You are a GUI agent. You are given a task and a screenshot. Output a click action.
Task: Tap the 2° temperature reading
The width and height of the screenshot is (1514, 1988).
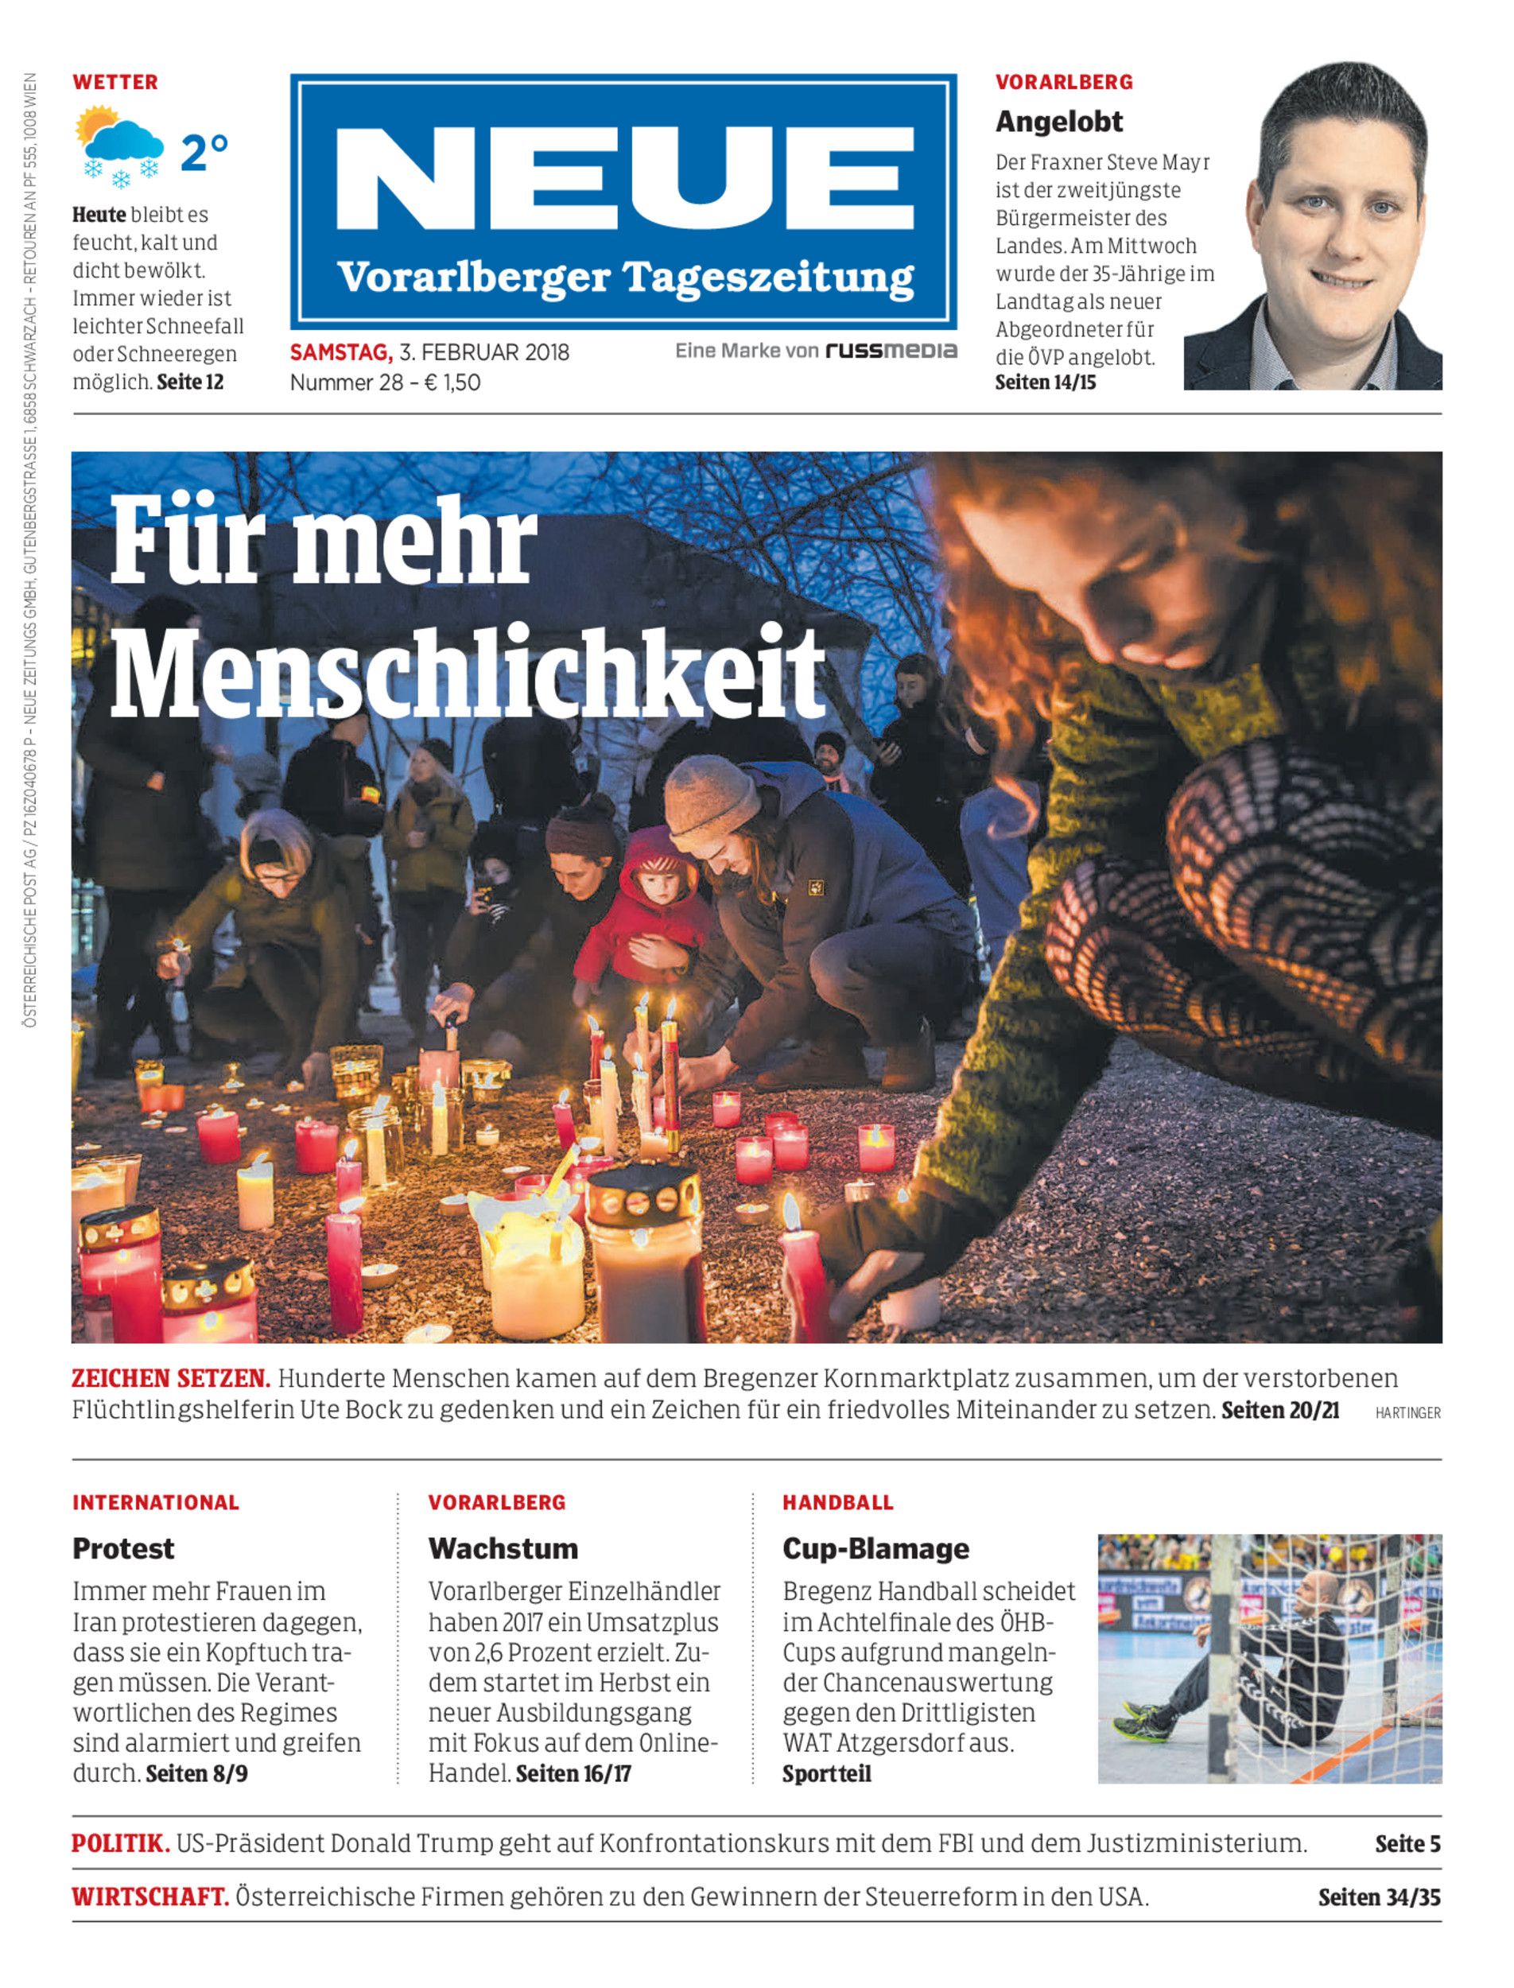coord(204,153)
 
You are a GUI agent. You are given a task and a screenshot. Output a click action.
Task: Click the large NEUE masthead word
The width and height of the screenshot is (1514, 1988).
coord(623,177)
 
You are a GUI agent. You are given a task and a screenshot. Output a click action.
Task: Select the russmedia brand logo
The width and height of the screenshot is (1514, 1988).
coord(891,351)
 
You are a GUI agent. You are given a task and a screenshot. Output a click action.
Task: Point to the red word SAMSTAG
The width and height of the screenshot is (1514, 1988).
coord(340,352)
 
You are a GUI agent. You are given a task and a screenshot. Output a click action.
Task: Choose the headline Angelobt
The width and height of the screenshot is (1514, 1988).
coord(1059,122)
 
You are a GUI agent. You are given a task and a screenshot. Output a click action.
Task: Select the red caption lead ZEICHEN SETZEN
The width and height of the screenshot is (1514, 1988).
coord(170,1379)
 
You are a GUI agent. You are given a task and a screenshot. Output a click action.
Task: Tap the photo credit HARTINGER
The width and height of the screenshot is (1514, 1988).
coord(1407,1413)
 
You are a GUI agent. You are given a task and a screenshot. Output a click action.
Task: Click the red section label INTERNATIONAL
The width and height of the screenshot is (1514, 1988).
coord(156,1502)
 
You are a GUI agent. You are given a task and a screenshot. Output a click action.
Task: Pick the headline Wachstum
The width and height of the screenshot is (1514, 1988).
coord(503,1548)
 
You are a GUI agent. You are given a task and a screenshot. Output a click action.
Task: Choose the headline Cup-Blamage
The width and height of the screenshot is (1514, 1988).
coord(875,1548)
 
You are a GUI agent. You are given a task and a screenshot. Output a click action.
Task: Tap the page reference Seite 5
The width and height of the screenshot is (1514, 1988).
coord(1407,1844)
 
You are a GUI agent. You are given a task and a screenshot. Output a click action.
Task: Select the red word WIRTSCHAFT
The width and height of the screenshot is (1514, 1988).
coord(150,1897)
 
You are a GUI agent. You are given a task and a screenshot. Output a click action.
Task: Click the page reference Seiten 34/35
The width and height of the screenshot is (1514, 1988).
coord(1379,1897)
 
